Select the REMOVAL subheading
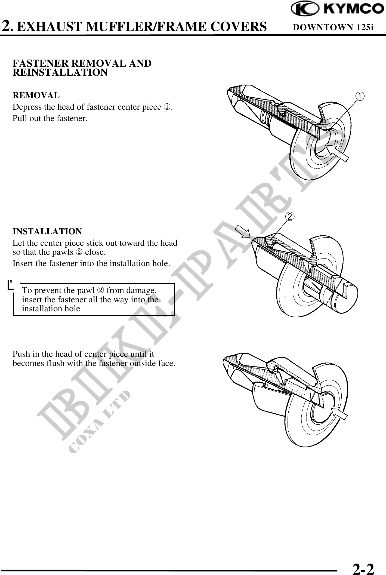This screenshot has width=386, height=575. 36,96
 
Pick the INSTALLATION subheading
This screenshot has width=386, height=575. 47,231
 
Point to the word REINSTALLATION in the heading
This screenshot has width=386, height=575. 60,73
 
